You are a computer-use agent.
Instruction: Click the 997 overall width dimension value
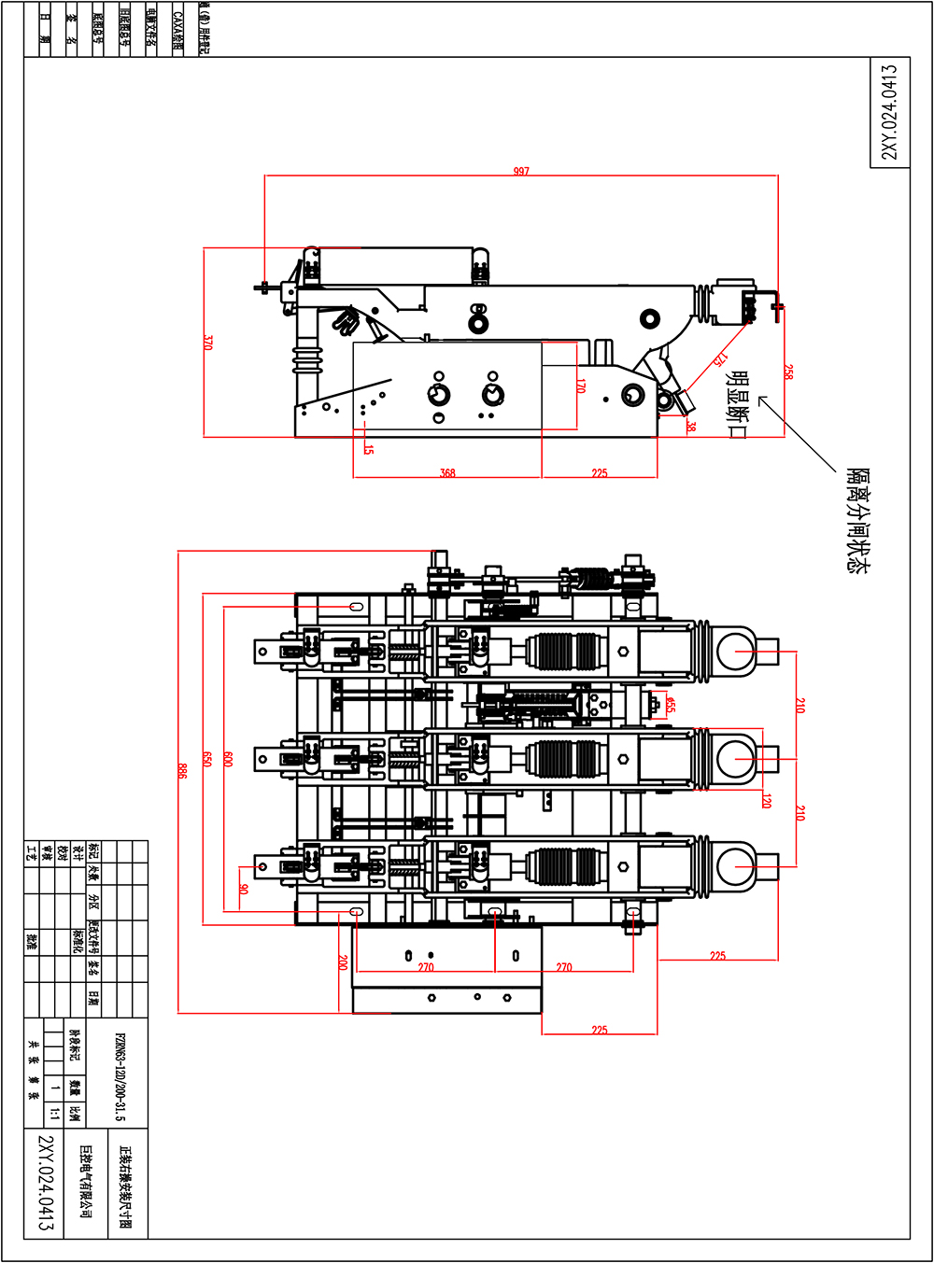521,172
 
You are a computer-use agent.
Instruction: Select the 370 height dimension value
208,343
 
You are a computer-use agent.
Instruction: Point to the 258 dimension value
788,372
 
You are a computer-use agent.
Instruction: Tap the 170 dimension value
581,386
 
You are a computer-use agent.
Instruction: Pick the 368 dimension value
447,473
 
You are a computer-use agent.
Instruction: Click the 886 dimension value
182,770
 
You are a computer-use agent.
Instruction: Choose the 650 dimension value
207,759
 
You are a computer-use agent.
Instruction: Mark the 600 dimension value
228,759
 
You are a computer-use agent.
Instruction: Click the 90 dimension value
244,889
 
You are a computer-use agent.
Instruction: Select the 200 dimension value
343,962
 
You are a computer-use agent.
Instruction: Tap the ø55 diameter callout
670,704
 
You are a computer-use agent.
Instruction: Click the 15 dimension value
369,449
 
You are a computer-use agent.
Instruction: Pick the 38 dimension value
691,426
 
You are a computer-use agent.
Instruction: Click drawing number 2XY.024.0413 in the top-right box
889,112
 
